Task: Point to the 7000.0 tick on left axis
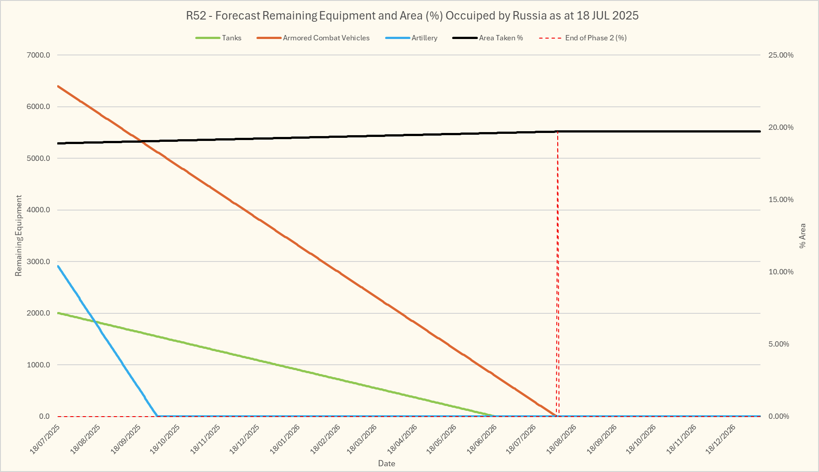39,55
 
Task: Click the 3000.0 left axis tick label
39,262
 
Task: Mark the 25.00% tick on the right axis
781,55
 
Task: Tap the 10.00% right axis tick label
781,272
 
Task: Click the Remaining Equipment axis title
18,236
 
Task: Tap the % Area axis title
803,236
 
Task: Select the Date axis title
386,464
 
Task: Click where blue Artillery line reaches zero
157,416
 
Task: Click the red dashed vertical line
558,275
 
